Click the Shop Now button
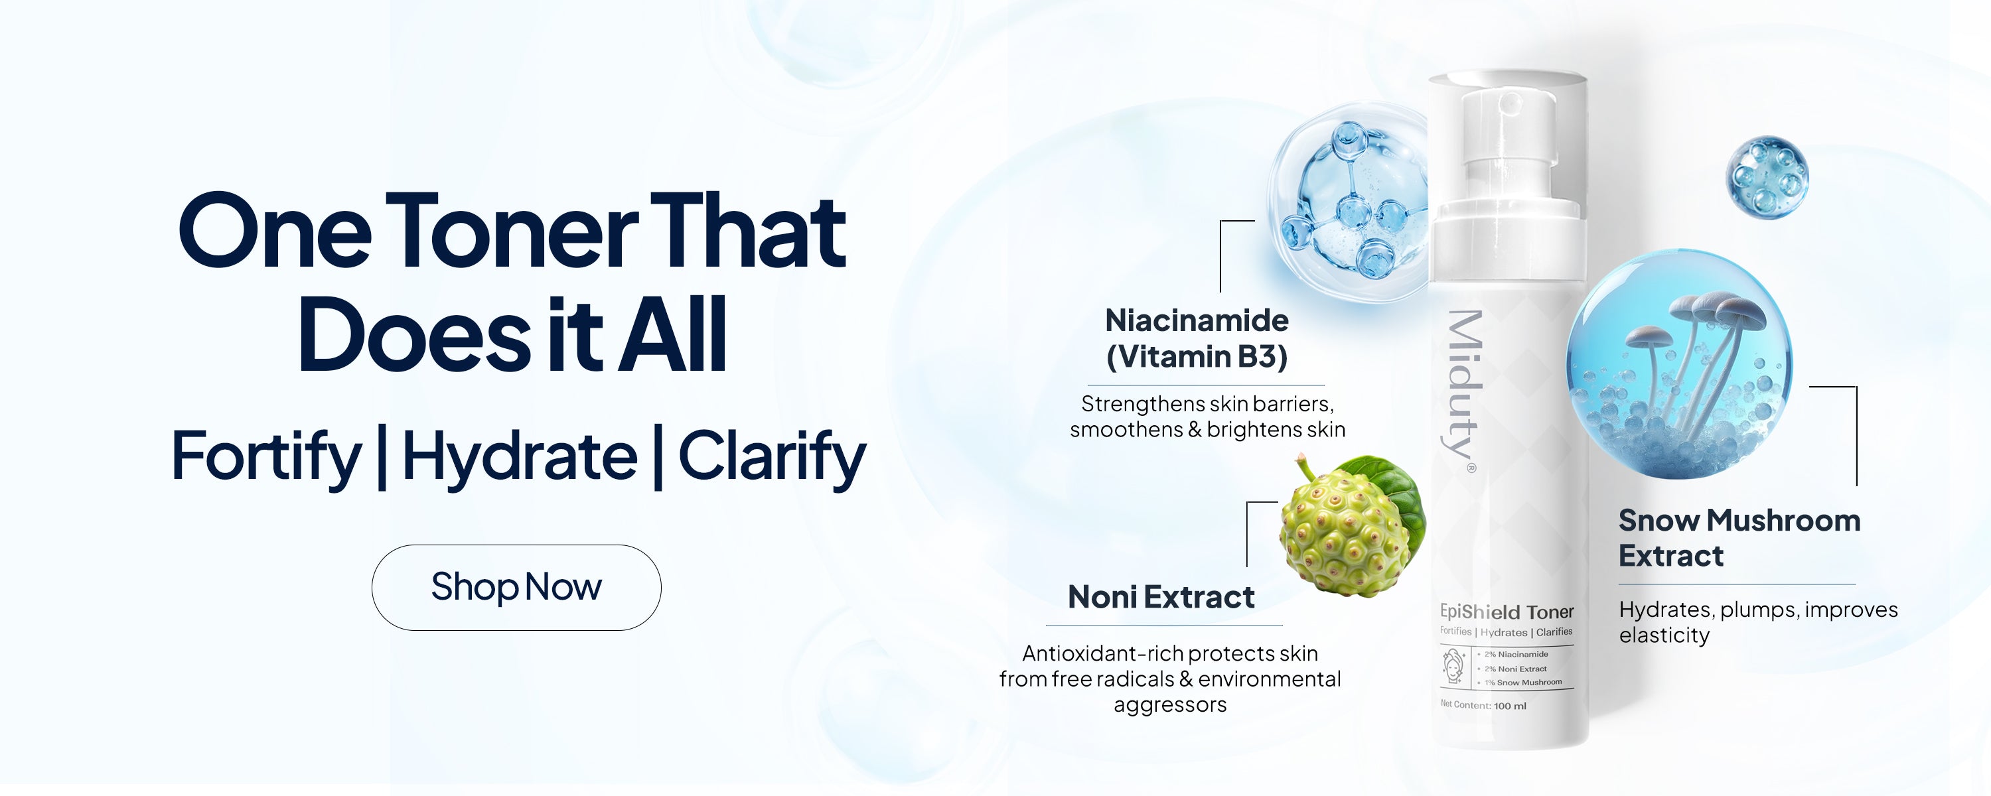coord(516,587)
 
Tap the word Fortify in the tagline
coord(266,458)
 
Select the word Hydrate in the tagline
coord(520,458)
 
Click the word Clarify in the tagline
coord(772,458)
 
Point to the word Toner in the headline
coord(511,232)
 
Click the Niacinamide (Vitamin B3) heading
coord(1197,338)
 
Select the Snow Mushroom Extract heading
coord(1739,538)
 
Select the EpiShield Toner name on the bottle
coord(1507,612)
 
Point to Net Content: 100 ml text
coord(1483,705)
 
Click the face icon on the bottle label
coord(1454,667)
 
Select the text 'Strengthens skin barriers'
coord(1207,404)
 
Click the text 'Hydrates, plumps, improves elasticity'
coord(1758,622)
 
